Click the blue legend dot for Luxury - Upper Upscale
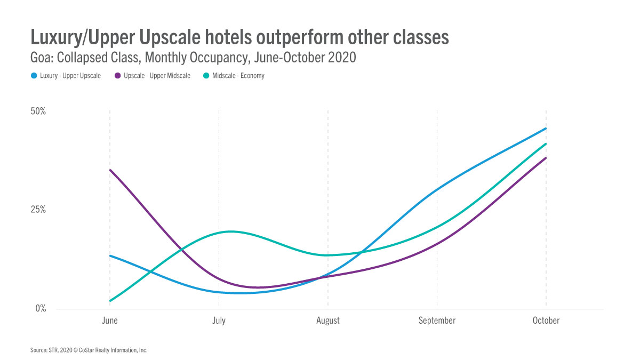[x=34, y=76]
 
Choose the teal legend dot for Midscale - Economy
[x=206, y=76]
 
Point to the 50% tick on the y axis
[x=38, y=111]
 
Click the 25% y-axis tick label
[x=38, y=210]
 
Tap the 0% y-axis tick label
[x=41, y=309]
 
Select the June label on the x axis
[x=109, y=321]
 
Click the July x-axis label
[x=219, y=321]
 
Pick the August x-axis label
[x=327, y=321]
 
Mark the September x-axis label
[x=437, y=321]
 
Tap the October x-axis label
[x=546, y=321]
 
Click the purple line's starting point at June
[x=110, y=170]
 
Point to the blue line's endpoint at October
[x=546, y=129]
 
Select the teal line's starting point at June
[x=110, y=301]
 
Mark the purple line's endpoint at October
[x=546, y=158]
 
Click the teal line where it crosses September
[x=437, y=227]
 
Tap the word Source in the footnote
[x=39, y=350]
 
